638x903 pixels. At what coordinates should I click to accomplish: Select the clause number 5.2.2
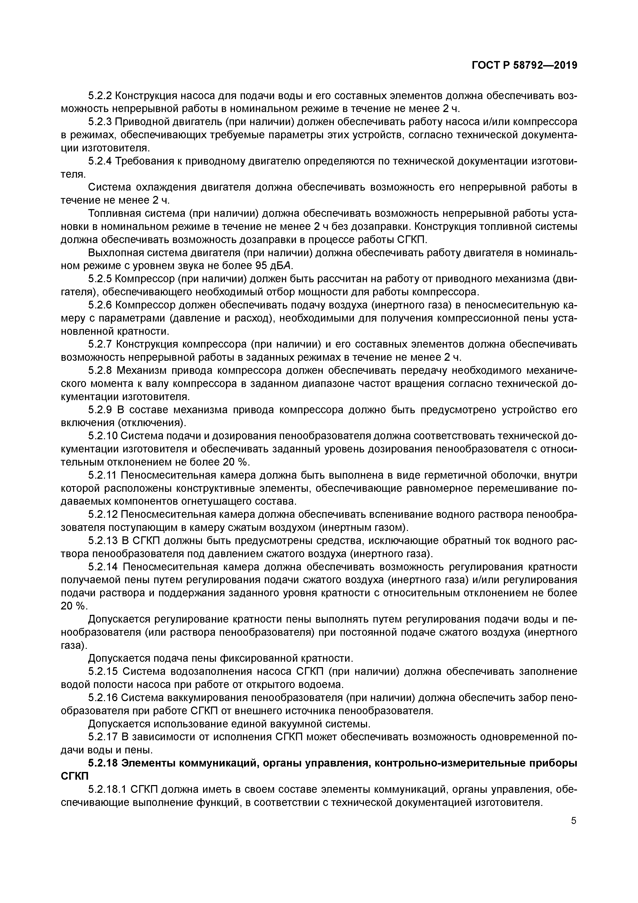point(100,96)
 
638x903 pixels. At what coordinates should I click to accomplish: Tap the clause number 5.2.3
point(100,122)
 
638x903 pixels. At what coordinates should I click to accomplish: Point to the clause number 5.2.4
point(100,161)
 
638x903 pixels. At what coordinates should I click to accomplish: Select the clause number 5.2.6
point(100,305)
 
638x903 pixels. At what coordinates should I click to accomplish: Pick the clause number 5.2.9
point(100,410)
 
